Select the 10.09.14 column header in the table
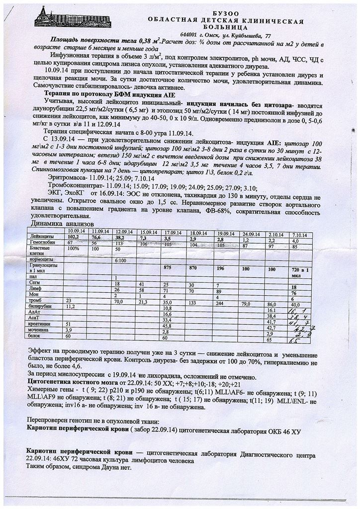[77, 231]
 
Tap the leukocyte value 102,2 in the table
[74, 237]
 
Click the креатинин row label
[39, 324]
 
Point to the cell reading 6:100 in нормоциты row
[120, 259]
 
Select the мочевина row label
[39, 330]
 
